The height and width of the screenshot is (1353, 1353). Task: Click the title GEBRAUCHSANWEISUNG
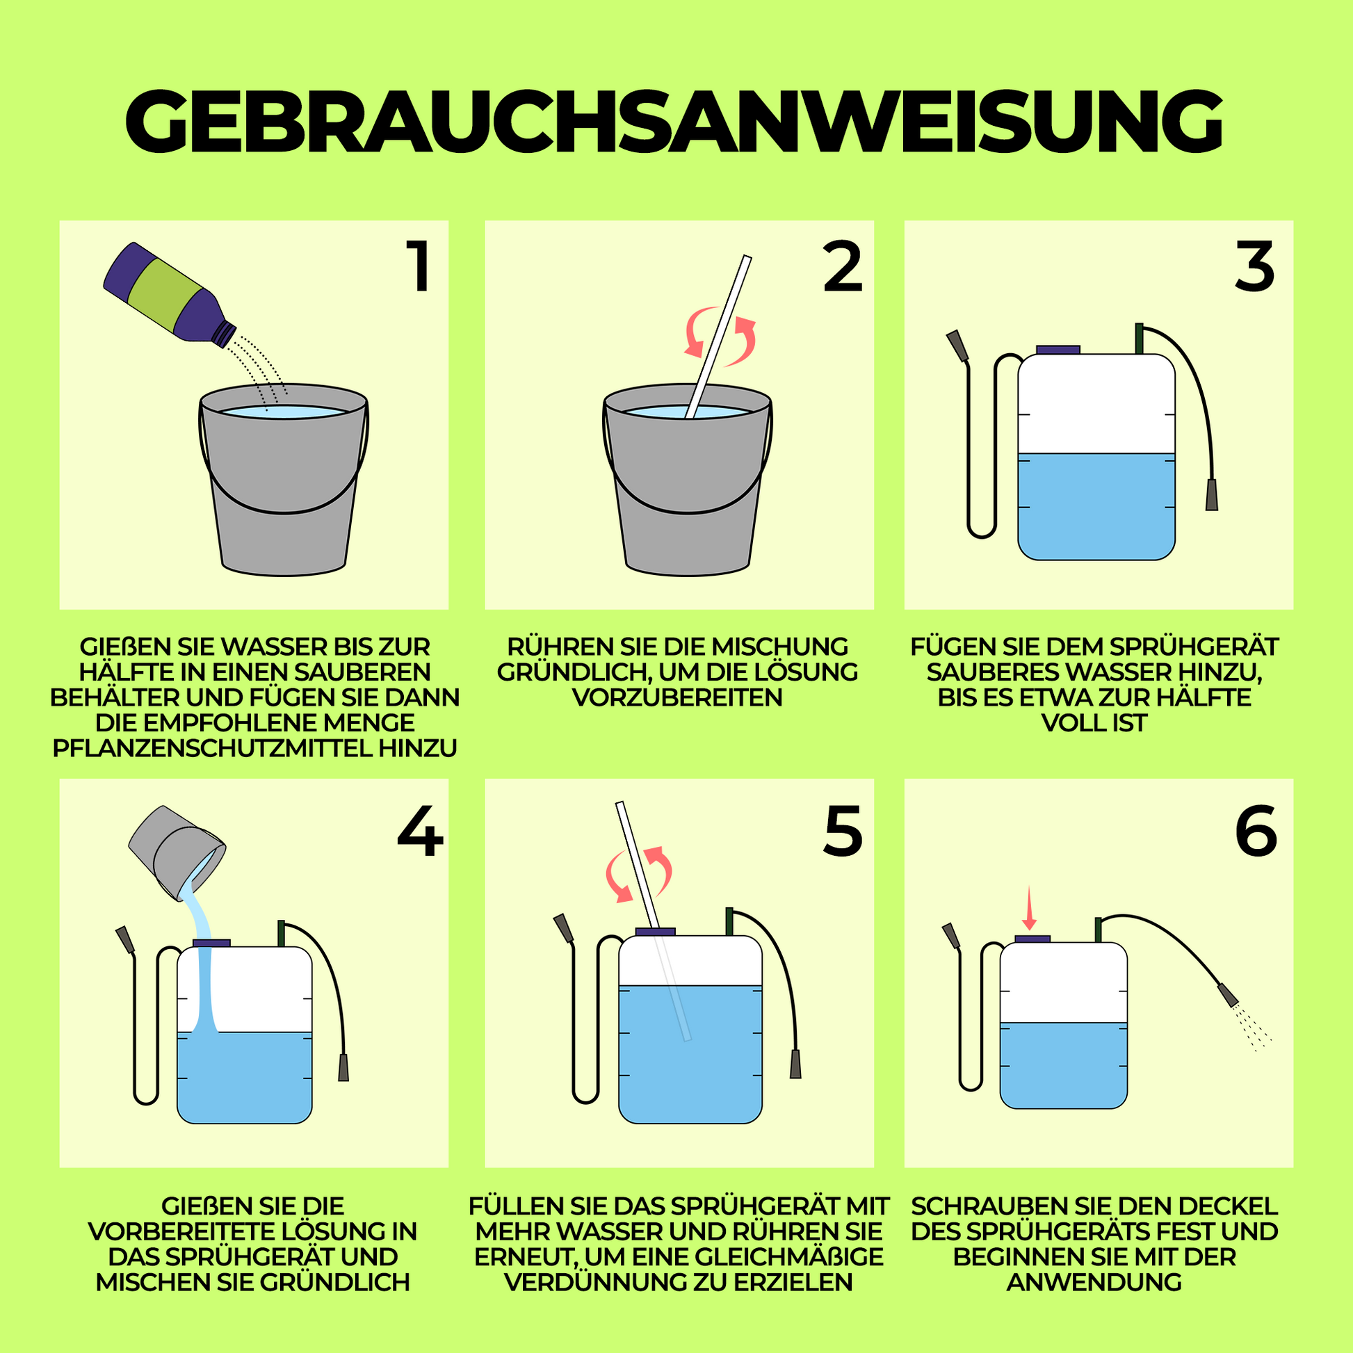point(674,120)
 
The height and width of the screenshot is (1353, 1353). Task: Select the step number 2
point(843,267)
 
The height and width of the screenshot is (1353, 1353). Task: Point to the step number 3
point(1254,267)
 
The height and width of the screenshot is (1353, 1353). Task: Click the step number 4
point(420,832)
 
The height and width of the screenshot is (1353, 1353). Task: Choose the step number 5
point(843,832)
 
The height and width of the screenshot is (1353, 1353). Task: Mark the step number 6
point(1256,832)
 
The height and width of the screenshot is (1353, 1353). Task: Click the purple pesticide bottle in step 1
point(170,295)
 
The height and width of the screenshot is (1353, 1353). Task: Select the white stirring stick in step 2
point(718,336)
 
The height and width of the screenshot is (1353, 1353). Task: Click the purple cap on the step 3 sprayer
point(1058,350)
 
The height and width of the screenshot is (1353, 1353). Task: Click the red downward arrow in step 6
point(1029,908)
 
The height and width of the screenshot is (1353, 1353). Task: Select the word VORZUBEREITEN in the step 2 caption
point(677,697)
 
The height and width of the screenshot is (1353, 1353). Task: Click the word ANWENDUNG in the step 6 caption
point(1094,1282)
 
